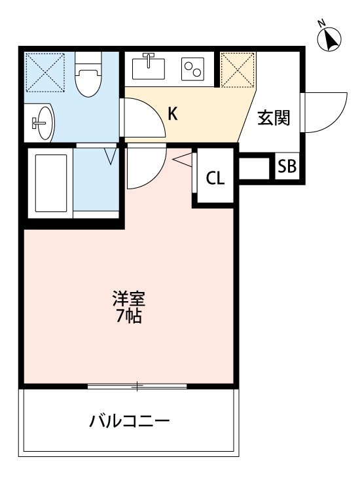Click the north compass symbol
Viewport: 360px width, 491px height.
coord(331,39)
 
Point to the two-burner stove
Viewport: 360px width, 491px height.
coord(194,68)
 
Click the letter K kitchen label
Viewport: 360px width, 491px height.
coord(172,114)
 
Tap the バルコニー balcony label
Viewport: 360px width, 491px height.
coord(130,420)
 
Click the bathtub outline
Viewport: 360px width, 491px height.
coord(50,185)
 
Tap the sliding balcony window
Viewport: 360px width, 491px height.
coord(137,386)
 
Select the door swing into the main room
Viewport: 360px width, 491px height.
coord(144,167)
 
